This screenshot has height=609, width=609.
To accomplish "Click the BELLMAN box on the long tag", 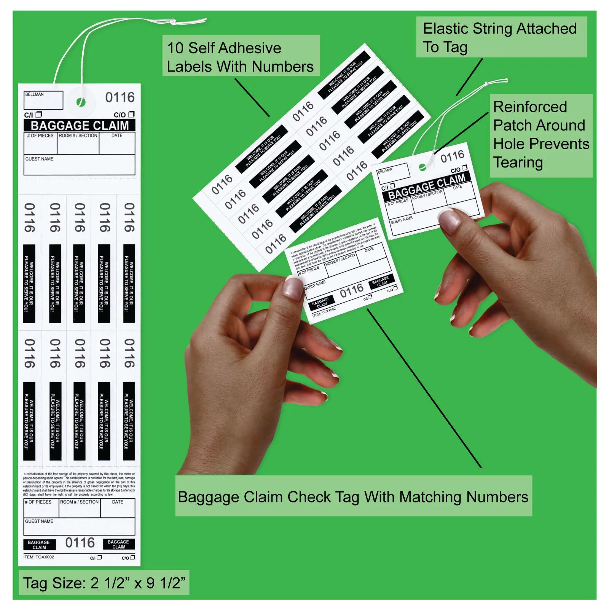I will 43,100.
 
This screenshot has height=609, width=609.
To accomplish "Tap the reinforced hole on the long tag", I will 81,102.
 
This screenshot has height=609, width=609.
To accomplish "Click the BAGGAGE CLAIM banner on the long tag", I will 80,125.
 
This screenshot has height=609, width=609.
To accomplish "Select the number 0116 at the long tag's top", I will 120,97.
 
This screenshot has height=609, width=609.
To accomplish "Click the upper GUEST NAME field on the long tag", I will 79,165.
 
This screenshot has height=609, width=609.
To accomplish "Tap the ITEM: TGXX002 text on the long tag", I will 39,557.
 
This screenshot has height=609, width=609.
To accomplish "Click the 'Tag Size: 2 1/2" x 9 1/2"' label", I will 104,583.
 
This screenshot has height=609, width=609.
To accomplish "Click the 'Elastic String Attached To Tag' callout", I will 501,37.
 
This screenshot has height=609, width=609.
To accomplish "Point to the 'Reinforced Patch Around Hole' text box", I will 541,135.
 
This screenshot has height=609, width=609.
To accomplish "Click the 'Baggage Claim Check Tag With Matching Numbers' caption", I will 353,497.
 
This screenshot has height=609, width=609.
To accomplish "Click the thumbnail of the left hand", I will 293,287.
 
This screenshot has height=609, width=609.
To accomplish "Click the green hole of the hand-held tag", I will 422,167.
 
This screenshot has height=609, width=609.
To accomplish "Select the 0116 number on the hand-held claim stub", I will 352,291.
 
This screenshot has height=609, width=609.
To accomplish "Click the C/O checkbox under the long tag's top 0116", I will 131,114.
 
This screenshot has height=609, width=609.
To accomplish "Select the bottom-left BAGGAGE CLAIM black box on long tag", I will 39,545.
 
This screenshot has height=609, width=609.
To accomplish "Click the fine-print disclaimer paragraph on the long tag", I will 79,484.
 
